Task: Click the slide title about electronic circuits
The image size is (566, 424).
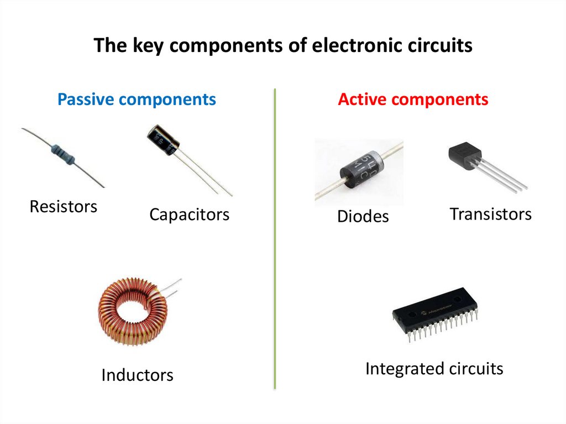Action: point(282,45)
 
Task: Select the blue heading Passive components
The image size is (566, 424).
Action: point(137,100)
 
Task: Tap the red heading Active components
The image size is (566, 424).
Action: point(413,100)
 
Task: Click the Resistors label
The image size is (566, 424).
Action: point(63,207)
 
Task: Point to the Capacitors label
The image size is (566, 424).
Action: point(189,214)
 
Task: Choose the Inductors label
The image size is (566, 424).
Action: point(137,375)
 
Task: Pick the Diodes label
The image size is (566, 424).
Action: point(363,217)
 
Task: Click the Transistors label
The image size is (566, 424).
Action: point(490,214)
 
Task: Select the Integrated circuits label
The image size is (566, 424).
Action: point(434,368)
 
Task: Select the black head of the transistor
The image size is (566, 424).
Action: point(464,154)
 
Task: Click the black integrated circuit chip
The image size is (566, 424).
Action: point(435,315)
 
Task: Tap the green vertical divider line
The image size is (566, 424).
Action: point(275,238)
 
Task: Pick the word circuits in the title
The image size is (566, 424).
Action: point(438,45)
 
